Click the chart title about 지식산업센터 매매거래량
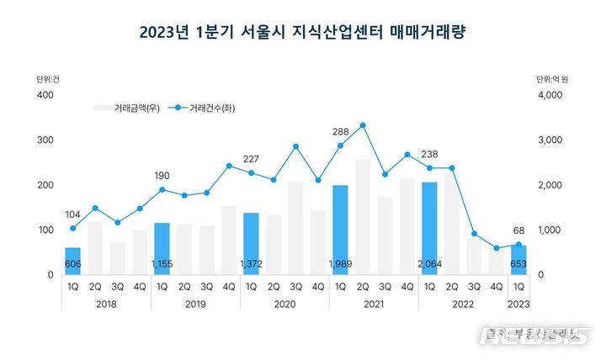(x=303, y=33)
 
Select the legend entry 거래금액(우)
(x=125, y=108)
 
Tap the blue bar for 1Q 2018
(x=73, y=261)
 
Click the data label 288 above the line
(x=340, y=131)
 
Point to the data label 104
(x=73, y=214)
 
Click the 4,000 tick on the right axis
(x=549, y=95)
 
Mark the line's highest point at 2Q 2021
(x=363, y=125)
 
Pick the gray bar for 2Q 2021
(x=363, y=216)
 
